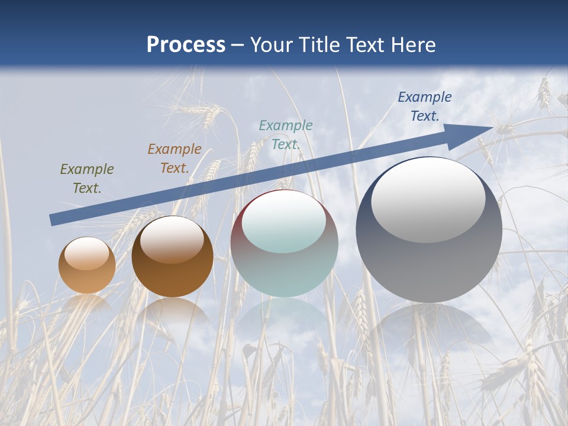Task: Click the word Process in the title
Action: [x=186, y=45]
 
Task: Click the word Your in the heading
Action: [x=272, y=45]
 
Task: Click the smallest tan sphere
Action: [x=87, y=266]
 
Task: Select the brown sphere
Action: [x=172, y=257]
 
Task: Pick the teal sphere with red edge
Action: [x=284, y=244]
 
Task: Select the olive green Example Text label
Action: [x=87, y=179]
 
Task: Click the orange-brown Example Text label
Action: [x=175, y=159]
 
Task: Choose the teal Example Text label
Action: [x=286, y=134]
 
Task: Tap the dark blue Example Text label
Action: [x=425, y=106]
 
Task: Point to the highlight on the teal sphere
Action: [x=283, y=221]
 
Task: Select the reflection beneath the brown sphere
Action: [x=172, y=310]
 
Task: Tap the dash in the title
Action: [x=238, y=46]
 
